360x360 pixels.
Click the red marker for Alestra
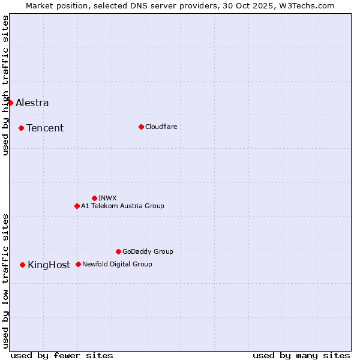tap(10, 103)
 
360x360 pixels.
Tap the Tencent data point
tap(21, 128)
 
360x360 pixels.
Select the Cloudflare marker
tap(141, 127)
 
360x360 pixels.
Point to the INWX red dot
tap(94, 198)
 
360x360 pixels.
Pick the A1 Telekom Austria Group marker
tap(77, 206)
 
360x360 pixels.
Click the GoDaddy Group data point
tap(118, 251)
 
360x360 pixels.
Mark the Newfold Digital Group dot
tap(78, 264)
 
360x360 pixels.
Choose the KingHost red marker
tap(22, 265)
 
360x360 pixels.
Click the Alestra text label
tap(32, 103)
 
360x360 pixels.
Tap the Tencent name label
tap(45, 128)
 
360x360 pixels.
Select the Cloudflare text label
tap(161, 127)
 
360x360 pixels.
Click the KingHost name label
tap(49, 265)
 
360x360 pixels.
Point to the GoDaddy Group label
tap(148, 251)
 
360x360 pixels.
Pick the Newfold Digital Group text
tap(117, 264)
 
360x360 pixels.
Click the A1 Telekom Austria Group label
tap(122, 206)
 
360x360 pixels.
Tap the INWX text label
tap(107, 198)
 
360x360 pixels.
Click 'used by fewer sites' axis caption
tap(62, 355)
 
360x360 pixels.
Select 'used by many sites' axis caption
tap(301, 355)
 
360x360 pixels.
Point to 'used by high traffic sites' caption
tap(5, 85)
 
